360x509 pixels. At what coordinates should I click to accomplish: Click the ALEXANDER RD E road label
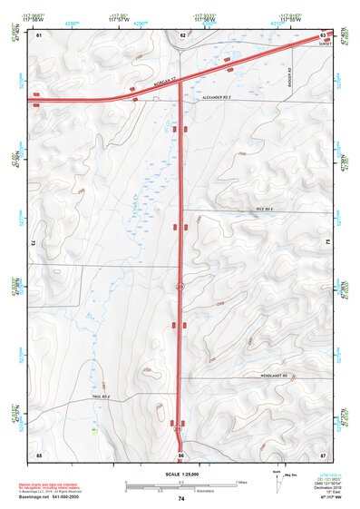pos(218,96)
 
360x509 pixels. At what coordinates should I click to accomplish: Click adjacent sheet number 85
pos(39,454)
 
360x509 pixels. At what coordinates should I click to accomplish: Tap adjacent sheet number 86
pos(181,454)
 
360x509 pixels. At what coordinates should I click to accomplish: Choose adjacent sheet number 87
pos(323,454)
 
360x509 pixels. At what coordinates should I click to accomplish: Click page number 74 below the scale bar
pos(181,499)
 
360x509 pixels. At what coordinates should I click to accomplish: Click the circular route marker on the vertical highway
pos(180,287)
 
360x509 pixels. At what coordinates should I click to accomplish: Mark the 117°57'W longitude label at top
pos(118,19)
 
